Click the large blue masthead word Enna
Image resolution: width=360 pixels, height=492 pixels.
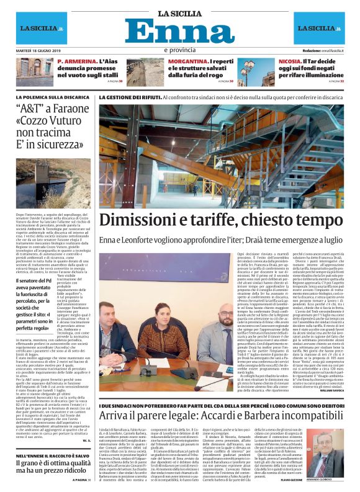tap(180, 30)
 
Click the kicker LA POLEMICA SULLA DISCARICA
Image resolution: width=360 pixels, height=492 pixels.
tap(62, 97)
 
